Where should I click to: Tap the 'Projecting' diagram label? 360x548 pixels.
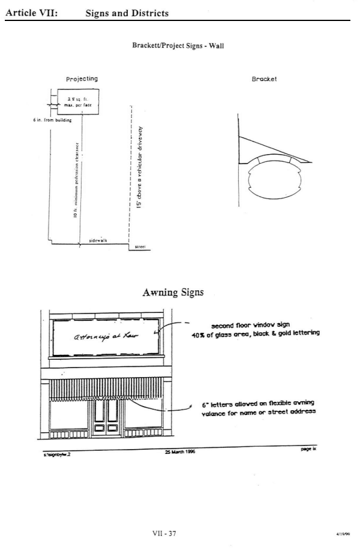[x=82, y=79]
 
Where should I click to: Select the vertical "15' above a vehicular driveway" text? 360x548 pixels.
[x=139, y=170]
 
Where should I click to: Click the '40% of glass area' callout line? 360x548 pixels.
[x=255, y=333]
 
